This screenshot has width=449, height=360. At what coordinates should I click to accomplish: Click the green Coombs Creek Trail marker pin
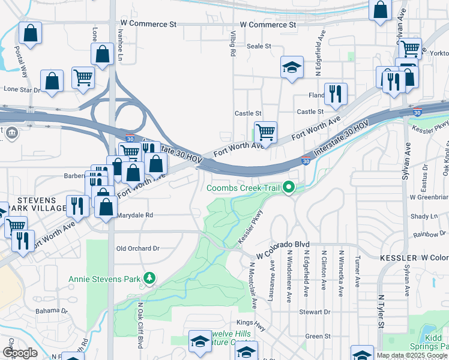(x=289, y=188)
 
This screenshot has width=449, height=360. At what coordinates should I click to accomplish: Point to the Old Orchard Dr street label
(x=137, y=248)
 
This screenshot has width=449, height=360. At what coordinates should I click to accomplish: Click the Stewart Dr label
(x=315, y=312)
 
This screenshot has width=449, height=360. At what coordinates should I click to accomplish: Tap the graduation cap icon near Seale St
(x=292, y=67)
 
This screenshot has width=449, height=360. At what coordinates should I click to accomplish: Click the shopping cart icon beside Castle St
(x=265, y=131)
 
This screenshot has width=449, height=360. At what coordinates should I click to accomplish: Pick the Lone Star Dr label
(x=22, y=89)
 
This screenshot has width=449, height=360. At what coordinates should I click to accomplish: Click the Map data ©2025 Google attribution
(x=411, y=355)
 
